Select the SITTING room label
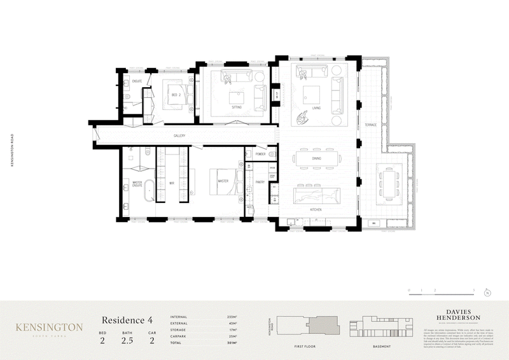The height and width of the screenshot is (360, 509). coord(237,108)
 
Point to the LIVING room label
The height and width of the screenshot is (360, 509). coord(316,109)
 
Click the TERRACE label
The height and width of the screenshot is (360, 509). coord(371,125)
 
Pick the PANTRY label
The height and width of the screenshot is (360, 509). coord(260,182)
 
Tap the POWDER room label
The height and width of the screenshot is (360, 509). coord(260,154)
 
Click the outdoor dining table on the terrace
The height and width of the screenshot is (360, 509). coord(389,184)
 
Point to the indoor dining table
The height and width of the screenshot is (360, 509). coord(316,160)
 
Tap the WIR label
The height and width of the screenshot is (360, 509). coord(172,182)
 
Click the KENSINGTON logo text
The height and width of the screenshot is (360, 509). coord(50,327)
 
